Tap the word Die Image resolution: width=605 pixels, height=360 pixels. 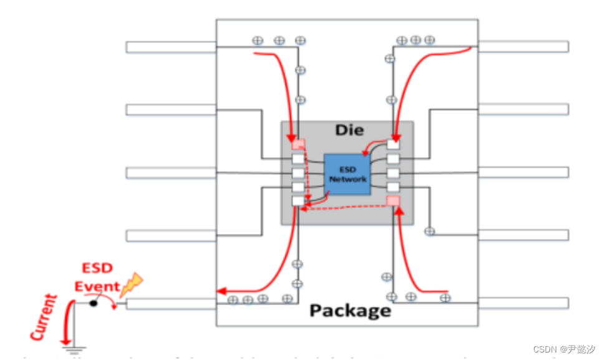pyautogui.click(x=349, y=130)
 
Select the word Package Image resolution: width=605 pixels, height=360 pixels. pyautogui.click(x=351, y=310)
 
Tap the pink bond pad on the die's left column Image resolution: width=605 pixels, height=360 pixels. pyautogui.click(x=299, y=145)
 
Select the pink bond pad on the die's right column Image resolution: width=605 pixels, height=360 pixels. pyautogui.click(x=393, y=200)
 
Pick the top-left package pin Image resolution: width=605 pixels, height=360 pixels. pyautogui.click(x=170, y=47)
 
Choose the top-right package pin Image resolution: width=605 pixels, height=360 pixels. pyautogui.click(x=523, y=46)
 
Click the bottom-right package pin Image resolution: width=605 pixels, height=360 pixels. pyautogui.click(x=523, y=303)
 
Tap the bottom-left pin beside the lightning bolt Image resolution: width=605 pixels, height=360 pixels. pyautogui.click(x=170, y=304)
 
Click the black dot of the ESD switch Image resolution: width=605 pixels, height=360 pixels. pyautogui.click(x=93, y=303)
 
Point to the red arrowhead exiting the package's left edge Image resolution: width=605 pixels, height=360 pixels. pyautogui.click(x=220, y=291)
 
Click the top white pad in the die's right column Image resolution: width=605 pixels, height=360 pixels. pyautogui.click(x=393, y=145)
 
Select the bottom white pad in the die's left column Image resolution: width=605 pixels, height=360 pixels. pyautogui.click(x=299, y=201)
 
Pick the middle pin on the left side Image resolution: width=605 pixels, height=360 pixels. pyautogui.click(x=170, y=172)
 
